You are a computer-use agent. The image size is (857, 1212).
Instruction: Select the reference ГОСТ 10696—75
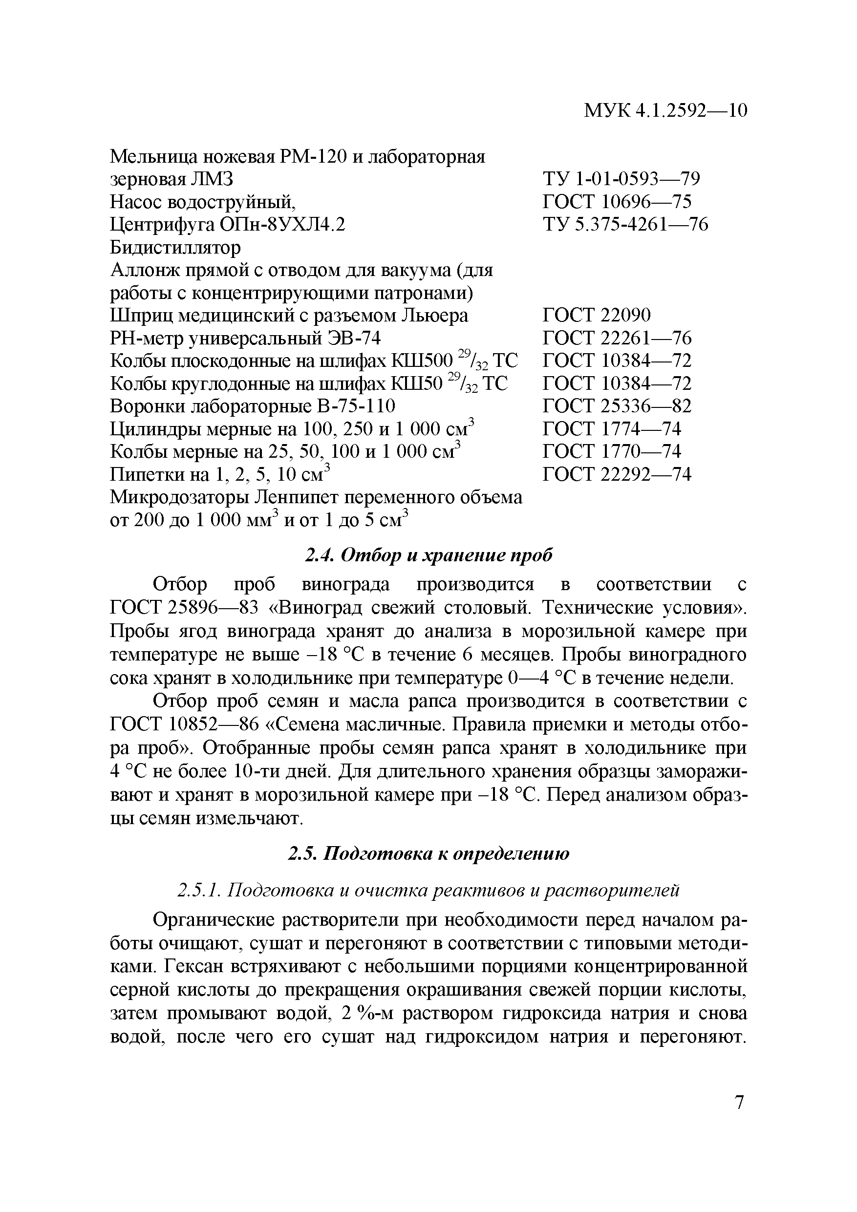(617, 202)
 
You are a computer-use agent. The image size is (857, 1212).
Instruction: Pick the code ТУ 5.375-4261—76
(625, 224)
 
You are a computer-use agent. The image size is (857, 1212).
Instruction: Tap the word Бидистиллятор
(175, 247)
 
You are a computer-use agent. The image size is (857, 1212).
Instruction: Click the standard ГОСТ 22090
(597, 315)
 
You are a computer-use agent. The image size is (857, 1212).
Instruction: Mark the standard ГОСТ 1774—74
(611, 428)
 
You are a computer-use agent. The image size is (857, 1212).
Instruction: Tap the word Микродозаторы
(179, 497)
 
